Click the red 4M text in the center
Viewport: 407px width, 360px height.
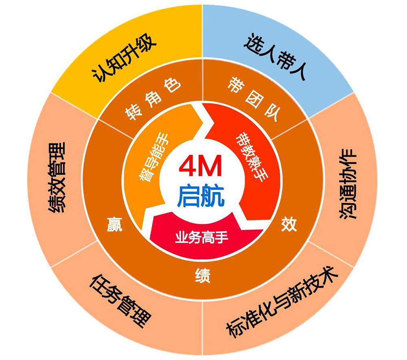[200, 166]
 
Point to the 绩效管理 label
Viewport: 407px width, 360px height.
[57, 177]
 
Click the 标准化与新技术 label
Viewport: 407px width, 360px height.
[282, 302]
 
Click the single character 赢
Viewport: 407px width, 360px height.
[114, 225]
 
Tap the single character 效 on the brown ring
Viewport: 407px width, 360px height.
[289, 225]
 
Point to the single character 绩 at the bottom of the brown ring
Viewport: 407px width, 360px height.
[203, 275]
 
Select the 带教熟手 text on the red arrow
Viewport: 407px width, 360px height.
[251, 157]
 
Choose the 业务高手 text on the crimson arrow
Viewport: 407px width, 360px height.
[202, 237]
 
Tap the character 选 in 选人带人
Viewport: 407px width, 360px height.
[253, 43]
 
